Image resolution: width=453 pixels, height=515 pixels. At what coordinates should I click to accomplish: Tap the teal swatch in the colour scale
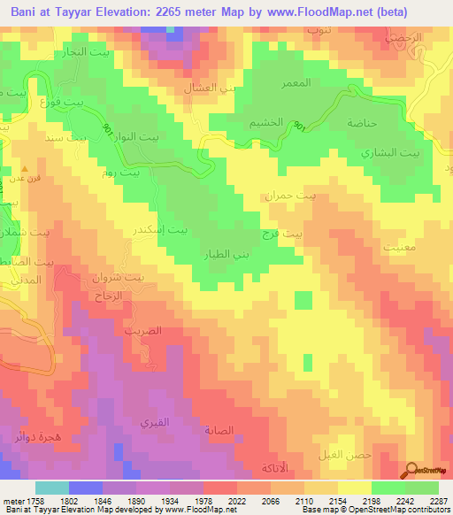click(x=52, y=488)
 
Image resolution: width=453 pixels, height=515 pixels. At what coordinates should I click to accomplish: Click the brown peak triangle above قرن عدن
click(x=25, y=167)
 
